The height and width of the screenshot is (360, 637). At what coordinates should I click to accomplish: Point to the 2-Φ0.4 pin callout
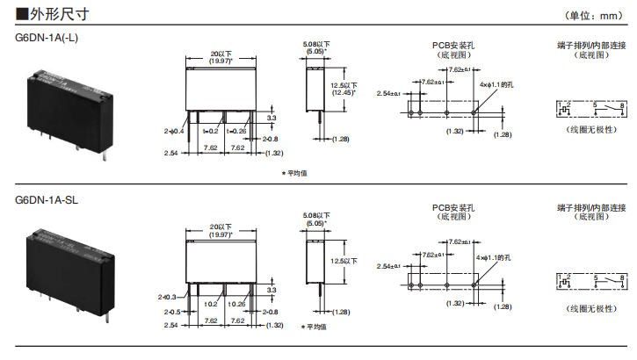click(174, 132)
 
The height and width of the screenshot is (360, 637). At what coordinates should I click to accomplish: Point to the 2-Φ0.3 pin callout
click(168, 297)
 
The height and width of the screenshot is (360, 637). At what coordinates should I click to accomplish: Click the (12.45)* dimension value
click(343, 92)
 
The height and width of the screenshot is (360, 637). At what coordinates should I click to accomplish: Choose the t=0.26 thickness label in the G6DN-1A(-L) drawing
click(237, 132)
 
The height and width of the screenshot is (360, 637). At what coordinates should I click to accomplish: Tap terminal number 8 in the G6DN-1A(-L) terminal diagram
click(621, 105)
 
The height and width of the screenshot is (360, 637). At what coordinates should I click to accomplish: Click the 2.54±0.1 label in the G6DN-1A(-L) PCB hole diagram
click(388, 93)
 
